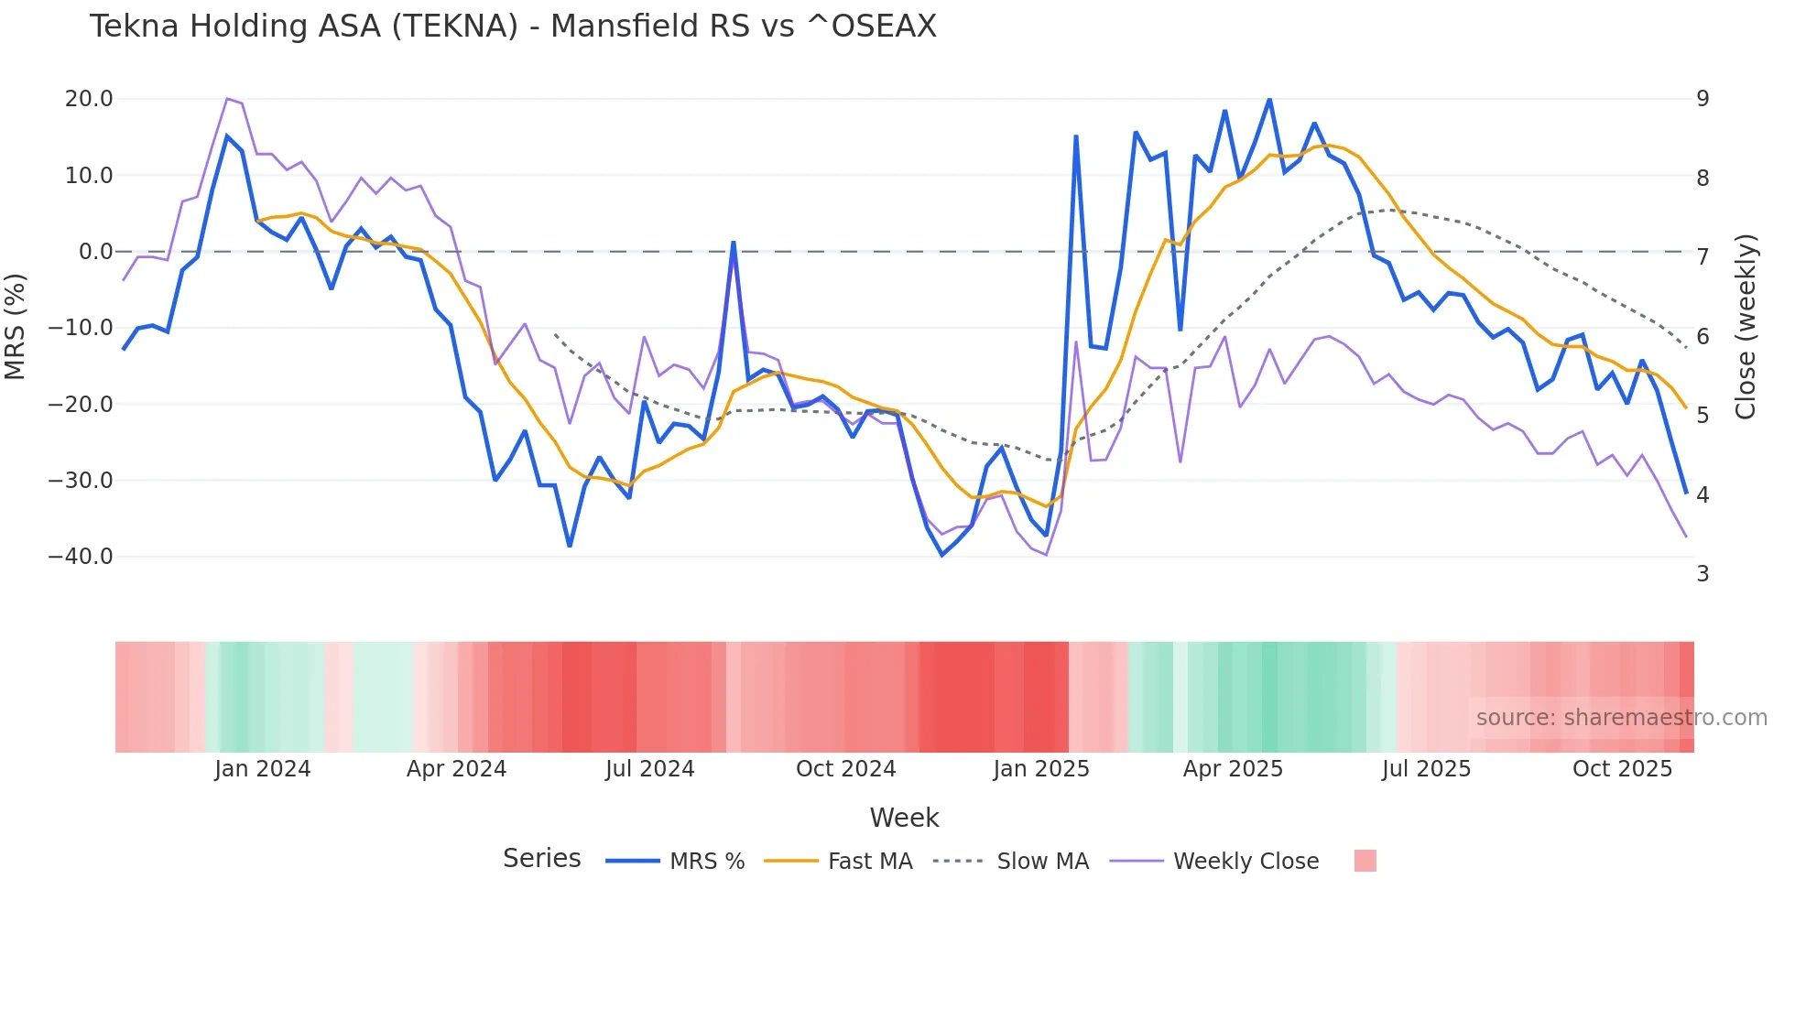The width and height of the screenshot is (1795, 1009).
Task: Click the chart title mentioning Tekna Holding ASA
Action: [513, 27]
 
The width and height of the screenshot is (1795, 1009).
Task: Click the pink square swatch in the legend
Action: [1365, 861]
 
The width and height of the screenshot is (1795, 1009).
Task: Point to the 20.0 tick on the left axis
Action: [89, 99]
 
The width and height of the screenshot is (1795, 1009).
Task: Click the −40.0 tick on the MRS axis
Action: [81, 557]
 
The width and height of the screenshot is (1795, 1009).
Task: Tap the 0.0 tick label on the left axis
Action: [95, 252]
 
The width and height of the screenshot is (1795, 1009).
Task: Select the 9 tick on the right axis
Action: [1703, 99]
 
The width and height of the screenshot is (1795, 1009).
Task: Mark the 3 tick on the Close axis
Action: [1703, 574]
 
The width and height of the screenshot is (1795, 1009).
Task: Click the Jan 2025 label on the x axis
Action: [1041, 769]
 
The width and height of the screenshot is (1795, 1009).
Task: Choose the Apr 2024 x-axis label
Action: [456, 769]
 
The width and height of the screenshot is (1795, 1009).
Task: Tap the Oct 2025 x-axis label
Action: [1622, 769]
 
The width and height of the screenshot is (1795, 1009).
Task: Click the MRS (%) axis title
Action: [16, 327]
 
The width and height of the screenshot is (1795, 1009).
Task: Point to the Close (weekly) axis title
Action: [1746, 327]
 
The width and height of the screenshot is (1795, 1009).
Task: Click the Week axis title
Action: [904, 818]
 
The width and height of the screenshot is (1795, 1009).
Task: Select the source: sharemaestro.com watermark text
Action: [1621, 718]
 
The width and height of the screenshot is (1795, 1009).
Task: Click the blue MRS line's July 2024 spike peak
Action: [734, 243]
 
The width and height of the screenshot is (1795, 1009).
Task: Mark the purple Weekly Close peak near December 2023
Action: [227, 99]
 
